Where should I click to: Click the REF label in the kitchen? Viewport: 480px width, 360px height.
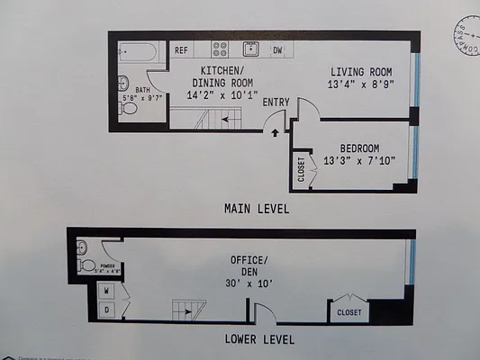pyautogui.click(x=181, y=51)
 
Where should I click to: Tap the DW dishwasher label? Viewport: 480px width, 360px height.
pyautogui.click(x=277, y=50)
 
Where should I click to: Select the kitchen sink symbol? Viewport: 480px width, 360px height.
pyautogui.click(x=250, y=49)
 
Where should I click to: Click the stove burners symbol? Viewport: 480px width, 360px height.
pyautogui.click(x=220, y=49)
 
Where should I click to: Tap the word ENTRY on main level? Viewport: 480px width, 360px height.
pyautogui.click(x=276, y=103)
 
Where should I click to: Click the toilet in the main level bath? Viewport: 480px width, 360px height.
pyautogui.click(x=129, y=108)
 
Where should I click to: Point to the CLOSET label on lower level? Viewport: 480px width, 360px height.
pyautogui.click(x=349, y=312)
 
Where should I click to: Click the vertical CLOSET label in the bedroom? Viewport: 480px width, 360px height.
pyautogui.click(x=301, y=169)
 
